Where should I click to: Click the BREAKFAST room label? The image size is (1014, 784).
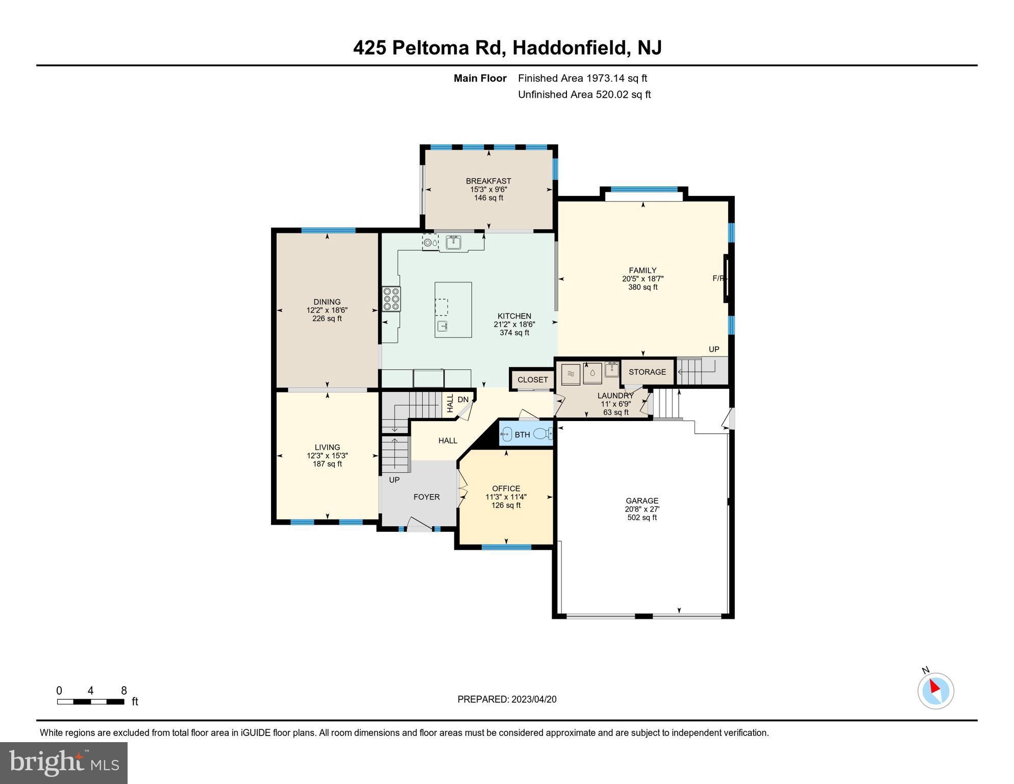(x=488, y=181)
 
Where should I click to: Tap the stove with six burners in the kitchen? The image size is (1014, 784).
(x=391, y=299)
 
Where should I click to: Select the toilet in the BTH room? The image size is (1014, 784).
(x=543, y=434)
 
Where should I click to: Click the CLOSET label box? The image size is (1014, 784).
(x=532, y=380)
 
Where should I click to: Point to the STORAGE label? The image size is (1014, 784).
(x=647, y=372)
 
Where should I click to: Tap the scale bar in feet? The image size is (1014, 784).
(x=90, y=701)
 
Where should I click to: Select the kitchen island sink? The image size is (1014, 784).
(x=442, y=326)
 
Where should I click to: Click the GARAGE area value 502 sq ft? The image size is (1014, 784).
(x=642, y=518)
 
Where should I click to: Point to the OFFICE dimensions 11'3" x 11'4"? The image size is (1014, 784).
(x=506, y=497)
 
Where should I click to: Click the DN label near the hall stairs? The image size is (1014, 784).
(x=463, y=400)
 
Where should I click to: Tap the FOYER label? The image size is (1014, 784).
(x=427, y=497)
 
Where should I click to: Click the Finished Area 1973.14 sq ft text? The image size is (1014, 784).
(x=582, y=78)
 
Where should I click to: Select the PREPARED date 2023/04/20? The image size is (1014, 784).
(x=507, y=699)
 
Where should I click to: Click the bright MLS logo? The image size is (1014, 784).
(x=64, y=763)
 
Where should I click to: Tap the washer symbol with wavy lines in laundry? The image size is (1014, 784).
(x=571, y=374)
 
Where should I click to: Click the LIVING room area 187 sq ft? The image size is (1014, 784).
(x=327, y=464)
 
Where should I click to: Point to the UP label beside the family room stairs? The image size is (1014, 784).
(x=713, y=350)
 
